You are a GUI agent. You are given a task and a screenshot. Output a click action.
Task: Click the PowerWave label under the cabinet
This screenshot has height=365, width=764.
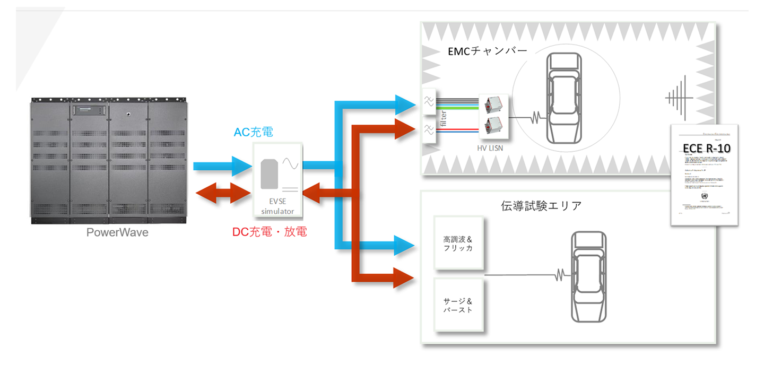pos(117,232)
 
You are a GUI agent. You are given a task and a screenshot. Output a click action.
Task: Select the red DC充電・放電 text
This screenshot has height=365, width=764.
pos(270,232)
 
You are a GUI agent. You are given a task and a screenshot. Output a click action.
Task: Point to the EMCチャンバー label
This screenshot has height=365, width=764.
pos(487,52)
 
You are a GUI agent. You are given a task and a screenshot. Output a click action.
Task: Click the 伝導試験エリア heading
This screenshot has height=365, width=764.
pos(541,205)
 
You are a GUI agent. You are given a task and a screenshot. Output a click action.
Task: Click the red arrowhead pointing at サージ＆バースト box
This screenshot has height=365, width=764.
pos(403,277)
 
